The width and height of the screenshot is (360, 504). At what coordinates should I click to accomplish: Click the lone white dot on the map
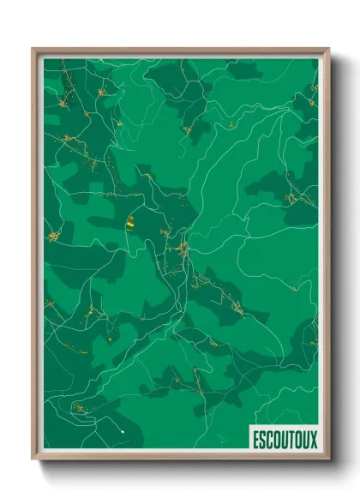pyautogui.click(x=123, y=431)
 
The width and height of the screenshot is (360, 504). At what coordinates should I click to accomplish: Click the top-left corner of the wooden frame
pyautogui.click(x=33, y=49)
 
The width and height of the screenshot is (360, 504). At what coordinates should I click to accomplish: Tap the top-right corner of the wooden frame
pyautogui.click(x=328, y=49)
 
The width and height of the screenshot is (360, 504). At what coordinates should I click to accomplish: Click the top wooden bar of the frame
pyautogui.click(x=180, y=50)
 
